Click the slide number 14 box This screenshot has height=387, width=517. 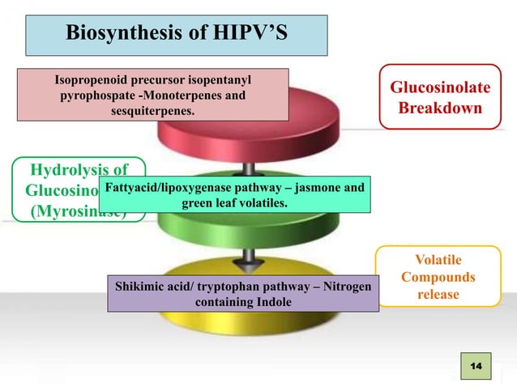tap(475, 368)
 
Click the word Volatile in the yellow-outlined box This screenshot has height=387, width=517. tap(438, 260)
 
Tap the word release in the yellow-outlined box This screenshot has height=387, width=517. tap(438, 294)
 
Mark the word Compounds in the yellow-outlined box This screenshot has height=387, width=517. tap(438, 277)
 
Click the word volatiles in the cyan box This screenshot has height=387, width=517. tap(258, 203)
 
